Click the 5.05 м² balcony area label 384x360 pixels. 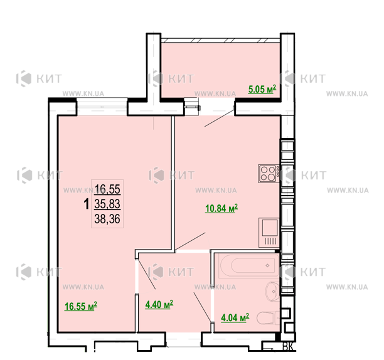tap(262, 89)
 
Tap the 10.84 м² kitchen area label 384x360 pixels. tap(221, 208)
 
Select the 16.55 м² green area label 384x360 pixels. tap(80, 306)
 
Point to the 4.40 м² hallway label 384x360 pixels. tap(159, 304)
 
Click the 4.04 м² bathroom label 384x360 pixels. tap(235, 317)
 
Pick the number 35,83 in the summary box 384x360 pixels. tap(107, 204)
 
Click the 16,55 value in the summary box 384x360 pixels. tap(107, 189)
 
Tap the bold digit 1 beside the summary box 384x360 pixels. tap(86, 204)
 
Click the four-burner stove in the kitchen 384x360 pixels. tap(269, 174)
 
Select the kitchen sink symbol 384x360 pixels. tap(269, 232)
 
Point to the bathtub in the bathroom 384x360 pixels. tap(248, 266)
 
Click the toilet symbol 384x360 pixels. tap(268, 317)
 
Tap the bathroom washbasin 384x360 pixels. tap(272, 292)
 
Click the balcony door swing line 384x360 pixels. tap(220, 118)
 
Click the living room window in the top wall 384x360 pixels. tap(102, 107)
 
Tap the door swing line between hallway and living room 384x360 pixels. tap(147, 274)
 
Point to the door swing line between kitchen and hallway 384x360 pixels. tap(190, 241)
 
